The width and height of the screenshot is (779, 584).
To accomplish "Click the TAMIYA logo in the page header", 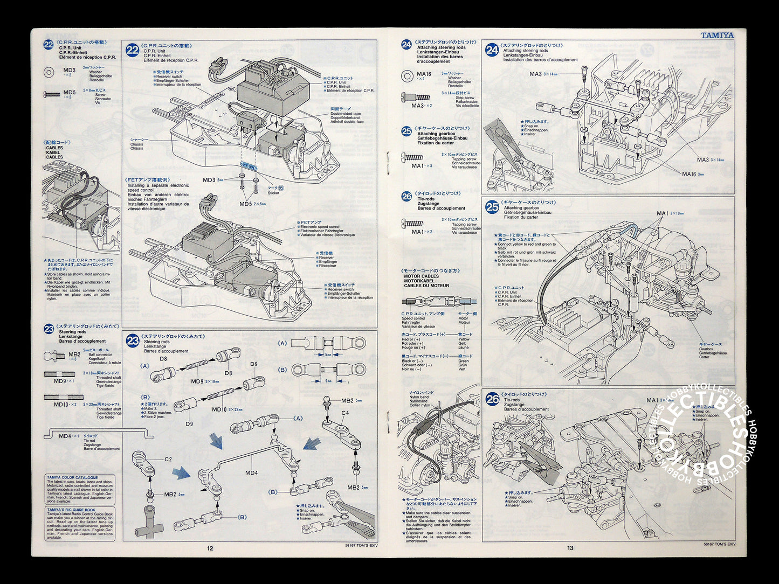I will coord(717,35).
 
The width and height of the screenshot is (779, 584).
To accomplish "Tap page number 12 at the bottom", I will coord(210,548).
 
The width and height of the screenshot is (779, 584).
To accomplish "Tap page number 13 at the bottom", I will coord(570,548).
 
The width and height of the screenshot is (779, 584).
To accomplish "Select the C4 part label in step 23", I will coord(344,413).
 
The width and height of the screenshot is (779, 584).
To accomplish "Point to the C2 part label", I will coord(168,459).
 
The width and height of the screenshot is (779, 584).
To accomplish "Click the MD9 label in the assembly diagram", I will coord(197,381).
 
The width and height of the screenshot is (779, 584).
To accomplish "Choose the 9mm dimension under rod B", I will coord(328,381).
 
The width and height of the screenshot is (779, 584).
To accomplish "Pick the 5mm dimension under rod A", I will coord(328,354).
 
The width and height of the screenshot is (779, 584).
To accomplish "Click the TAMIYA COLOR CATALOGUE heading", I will coord(73,478).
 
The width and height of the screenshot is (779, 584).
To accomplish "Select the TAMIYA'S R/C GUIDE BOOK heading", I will coord(71,510).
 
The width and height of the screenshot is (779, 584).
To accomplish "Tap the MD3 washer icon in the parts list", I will coord(49,71).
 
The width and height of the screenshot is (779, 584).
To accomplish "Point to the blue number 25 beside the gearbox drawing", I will coord(492,206).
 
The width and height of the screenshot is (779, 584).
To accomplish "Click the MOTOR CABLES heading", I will coord(422,276).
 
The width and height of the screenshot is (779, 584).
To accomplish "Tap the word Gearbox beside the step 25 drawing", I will coord(707,349).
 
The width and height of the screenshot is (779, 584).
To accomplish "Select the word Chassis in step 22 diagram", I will coord(137,144).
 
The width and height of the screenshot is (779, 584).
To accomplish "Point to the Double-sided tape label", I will coord(346,114).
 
